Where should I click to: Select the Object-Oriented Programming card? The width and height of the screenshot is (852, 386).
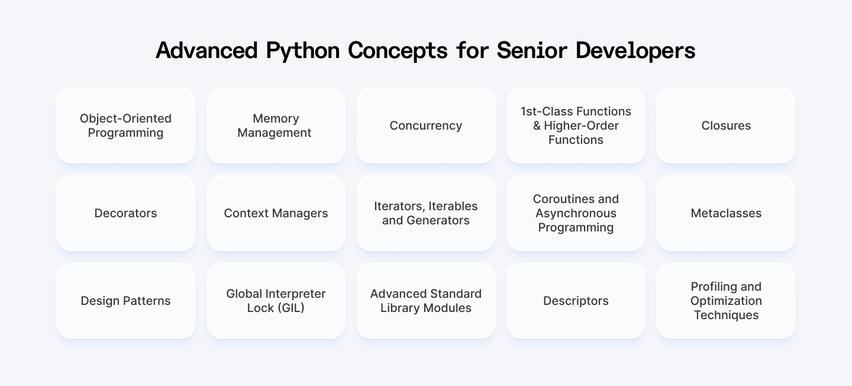click(126, 126)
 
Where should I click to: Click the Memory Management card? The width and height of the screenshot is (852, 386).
click(276, 126)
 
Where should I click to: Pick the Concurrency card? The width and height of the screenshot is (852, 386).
click(425, 126)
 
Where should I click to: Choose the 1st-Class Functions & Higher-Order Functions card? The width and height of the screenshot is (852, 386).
click(576, 126)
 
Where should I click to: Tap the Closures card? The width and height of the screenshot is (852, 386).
click(726, 126)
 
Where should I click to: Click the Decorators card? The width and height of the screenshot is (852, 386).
click(126, 213)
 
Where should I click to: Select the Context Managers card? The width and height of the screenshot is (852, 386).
click(276, 213)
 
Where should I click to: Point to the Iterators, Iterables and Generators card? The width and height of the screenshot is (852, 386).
click(425, 213)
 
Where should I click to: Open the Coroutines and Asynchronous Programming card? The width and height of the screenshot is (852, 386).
click(576, 213)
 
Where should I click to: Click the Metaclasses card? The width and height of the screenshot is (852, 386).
click(726, 213)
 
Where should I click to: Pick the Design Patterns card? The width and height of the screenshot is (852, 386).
click(126, 301)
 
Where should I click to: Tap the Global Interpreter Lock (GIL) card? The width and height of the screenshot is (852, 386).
click(276, 301)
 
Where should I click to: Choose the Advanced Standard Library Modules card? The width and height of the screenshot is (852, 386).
click(425, 301)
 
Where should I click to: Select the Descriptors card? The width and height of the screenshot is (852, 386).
click(576, 301)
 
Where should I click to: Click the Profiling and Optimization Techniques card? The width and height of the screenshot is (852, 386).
click(726, 301)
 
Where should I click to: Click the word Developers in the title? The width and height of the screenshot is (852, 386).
click(635, 51)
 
